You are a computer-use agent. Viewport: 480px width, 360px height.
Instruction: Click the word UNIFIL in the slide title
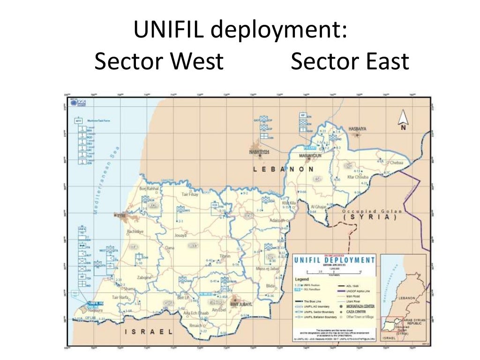pyautogui.click(x=168, y=31)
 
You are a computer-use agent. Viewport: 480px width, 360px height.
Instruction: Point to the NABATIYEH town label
pyautogui.click(x=259, y=152)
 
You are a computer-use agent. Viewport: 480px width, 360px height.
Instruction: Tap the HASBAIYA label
pyautogui.click(x=357, y=128)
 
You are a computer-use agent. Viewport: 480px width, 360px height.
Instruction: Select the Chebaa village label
pyautogui.click(x=396, y=163)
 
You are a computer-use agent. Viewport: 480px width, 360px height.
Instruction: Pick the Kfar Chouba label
pyautogui.click(x=358, y=177)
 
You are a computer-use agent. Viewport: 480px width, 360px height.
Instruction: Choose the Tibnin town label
pyautogui.click(x=225, y=257)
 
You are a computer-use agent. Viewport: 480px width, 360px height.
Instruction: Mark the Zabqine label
pyautogui.click(x=144, y=277)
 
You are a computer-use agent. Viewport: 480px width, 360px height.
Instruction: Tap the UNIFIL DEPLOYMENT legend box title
pyautogui.click(x=334, y=260)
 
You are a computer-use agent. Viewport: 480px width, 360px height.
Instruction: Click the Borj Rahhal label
pyautogui.click(x=149, y=188)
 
